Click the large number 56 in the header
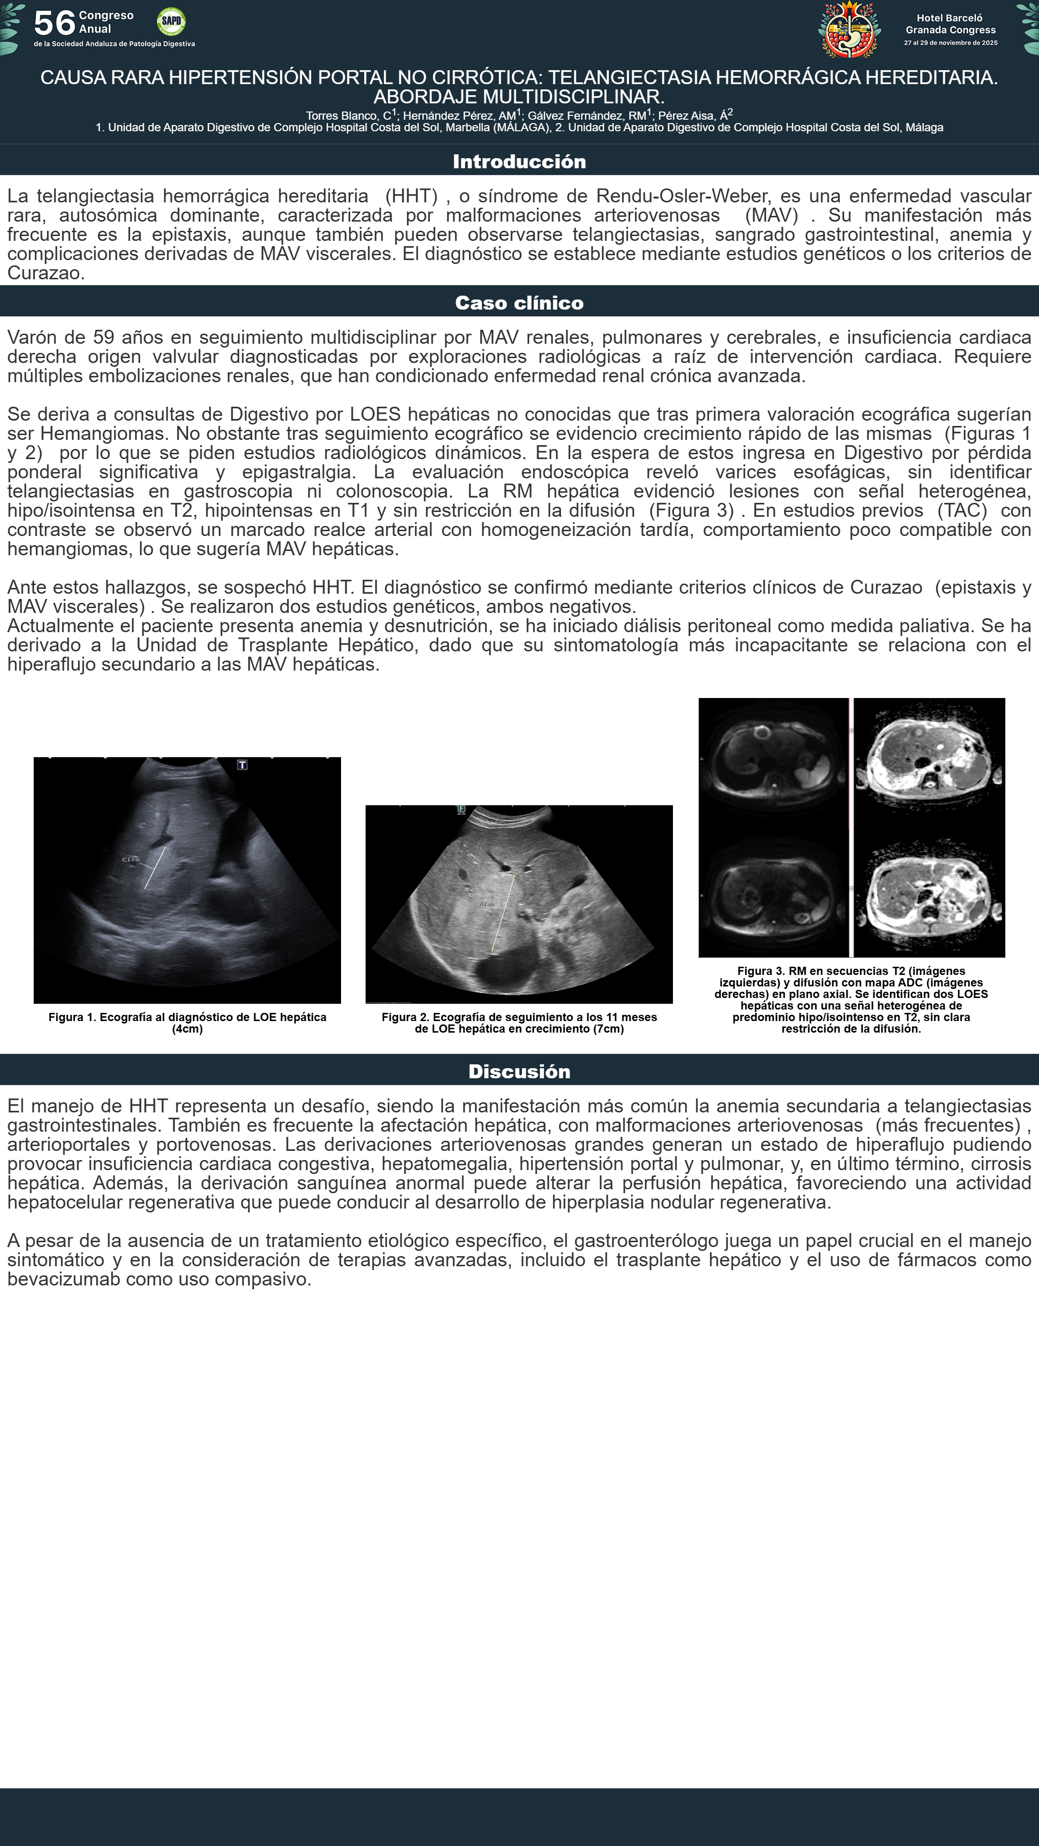point(54,23)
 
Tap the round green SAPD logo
point(171,22)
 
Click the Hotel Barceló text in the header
point(950,18)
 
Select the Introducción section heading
point(519,161)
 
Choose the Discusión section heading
point(519,1072)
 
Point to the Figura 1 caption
point(187,1023)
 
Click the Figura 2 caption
point(519,1023)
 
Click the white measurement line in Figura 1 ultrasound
point(155,868)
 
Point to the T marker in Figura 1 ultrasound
point(242,765)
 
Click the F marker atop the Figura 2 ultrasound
point(461,809)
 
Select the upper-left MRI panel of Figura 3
point(773,758)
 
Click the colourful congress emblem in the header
point(849,29)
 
